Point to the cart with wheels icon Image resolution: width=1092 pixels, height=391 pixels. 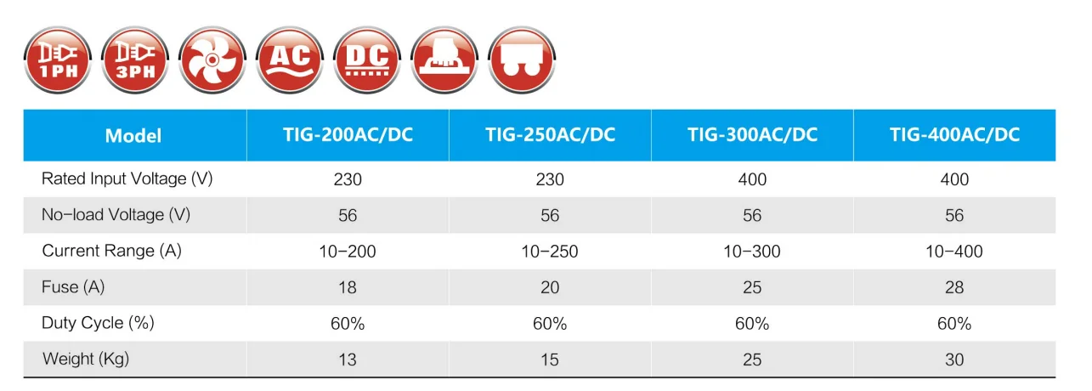[x=521, y=59]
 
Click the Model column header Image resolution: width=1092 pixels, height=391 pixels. [x=133, y=136]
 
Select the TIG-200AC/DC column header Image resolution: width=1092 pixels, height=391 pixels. [x=348, y=135]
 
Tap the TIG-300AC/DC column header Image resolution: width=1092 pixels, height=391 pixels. [x=752, y=135]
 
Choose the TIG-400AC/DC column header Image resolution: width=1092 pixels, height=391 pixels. [x=954, y=135]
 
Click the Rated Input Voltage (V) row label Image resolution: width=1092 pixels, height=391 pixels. [x=127, y=179]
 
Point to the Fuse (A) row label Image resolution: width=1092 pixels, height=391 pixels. [x=73, y=287]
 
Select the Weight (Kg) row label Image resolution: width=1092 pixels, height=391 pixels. [x=86, y=360]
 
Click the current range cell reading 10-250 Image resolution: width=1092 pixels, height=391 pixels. [x=550, y=252]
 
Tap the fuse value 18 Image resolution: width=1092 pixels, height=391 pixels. [x=348, y=287]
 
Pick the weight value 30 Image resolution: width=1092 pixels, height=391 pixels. [x=954, y=360]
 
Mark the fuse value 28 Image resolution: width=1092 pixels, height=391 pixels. [x=954, y=287]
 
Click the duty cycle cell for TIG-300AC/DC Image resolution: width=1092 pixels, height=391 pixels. [x=752, y=324]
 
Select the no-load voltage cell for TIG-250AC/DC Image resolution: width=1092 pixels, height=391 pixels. [x=550, y=215]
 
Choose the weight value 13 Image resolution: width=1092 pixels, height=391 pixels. [x=348, y=360]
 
